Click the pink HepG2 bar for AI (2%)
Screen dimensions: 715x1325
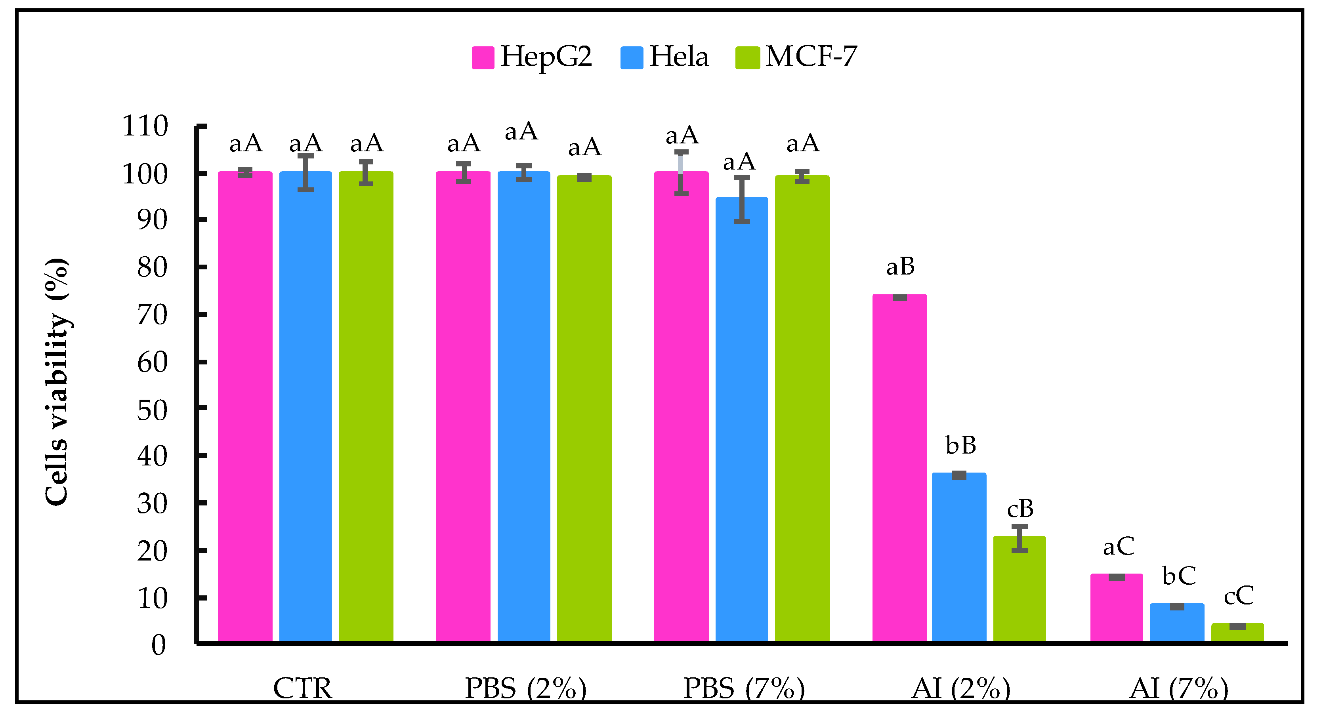[x=899, y=468]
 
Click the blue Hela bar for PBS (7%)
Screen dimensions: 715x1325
[x=741, y=419]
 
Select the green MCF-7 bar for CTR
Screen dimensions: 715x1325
[x=366, y=406]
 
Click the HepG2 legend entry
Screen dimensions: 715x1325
[x=533, y=57]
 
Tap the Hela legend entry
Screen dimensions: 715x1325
[x=664, y=57]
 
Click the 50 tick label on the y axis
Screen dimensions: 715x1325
[x=152, y=410]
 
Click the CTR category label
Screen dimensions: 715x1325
[x=302, y=688]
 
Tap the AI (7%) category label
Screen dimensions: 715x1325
[x=1178, y=688]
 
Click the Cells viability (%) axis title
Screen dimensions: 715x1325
[x=57, y=382]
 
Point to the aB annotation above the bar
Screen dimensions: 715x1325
[x=900, y=267]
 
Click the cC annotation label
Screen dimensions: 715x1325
[x=1239, y=596]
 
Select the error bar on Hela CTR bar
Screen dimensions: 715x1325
[x=305, y=173]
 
